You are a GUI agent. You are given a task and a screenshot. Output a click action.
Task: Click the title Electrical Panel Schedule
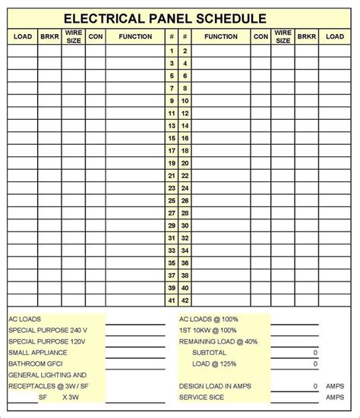(165, 17)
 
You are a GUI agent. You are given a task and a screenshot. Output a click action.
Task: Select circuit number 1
(172, 51)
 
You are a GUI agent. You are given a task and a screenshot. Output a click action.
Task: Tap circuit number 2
(185, 51)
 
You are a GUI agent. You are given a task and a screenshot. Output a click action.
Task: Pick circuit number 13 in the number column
(172, 126)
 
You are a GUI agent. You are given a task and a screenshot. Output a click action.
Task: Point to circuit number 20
(185, 163)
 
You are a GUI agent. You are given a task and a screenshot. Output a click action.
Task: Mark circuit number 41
(172, 300)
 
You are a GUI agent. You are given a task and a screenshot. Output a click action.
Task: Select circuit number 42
(185, 300)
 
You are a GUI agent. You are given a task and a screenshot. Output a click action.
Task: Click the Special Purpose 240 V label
(48, 331)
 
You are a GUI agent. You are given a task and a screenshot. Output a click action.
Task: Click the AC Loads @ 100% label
(207, 319)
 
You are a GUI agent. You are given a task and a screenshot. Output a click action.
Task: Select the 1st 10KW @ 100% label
(207, 331)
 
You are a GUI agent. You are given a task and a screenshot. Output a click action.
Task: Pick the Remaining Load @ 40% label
(218, 341)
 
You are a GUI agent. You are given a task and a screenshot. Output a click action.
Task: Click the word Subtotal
(210, 353)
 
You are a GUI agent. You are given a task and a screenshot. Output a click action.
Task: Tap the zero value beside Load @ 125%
(314, 364)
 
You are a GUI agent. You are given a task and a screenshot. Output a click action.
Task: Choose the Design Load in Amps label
(215, 386)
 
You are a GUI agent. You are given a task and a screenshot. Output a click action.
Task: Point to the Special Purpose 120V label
(46, 341)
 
